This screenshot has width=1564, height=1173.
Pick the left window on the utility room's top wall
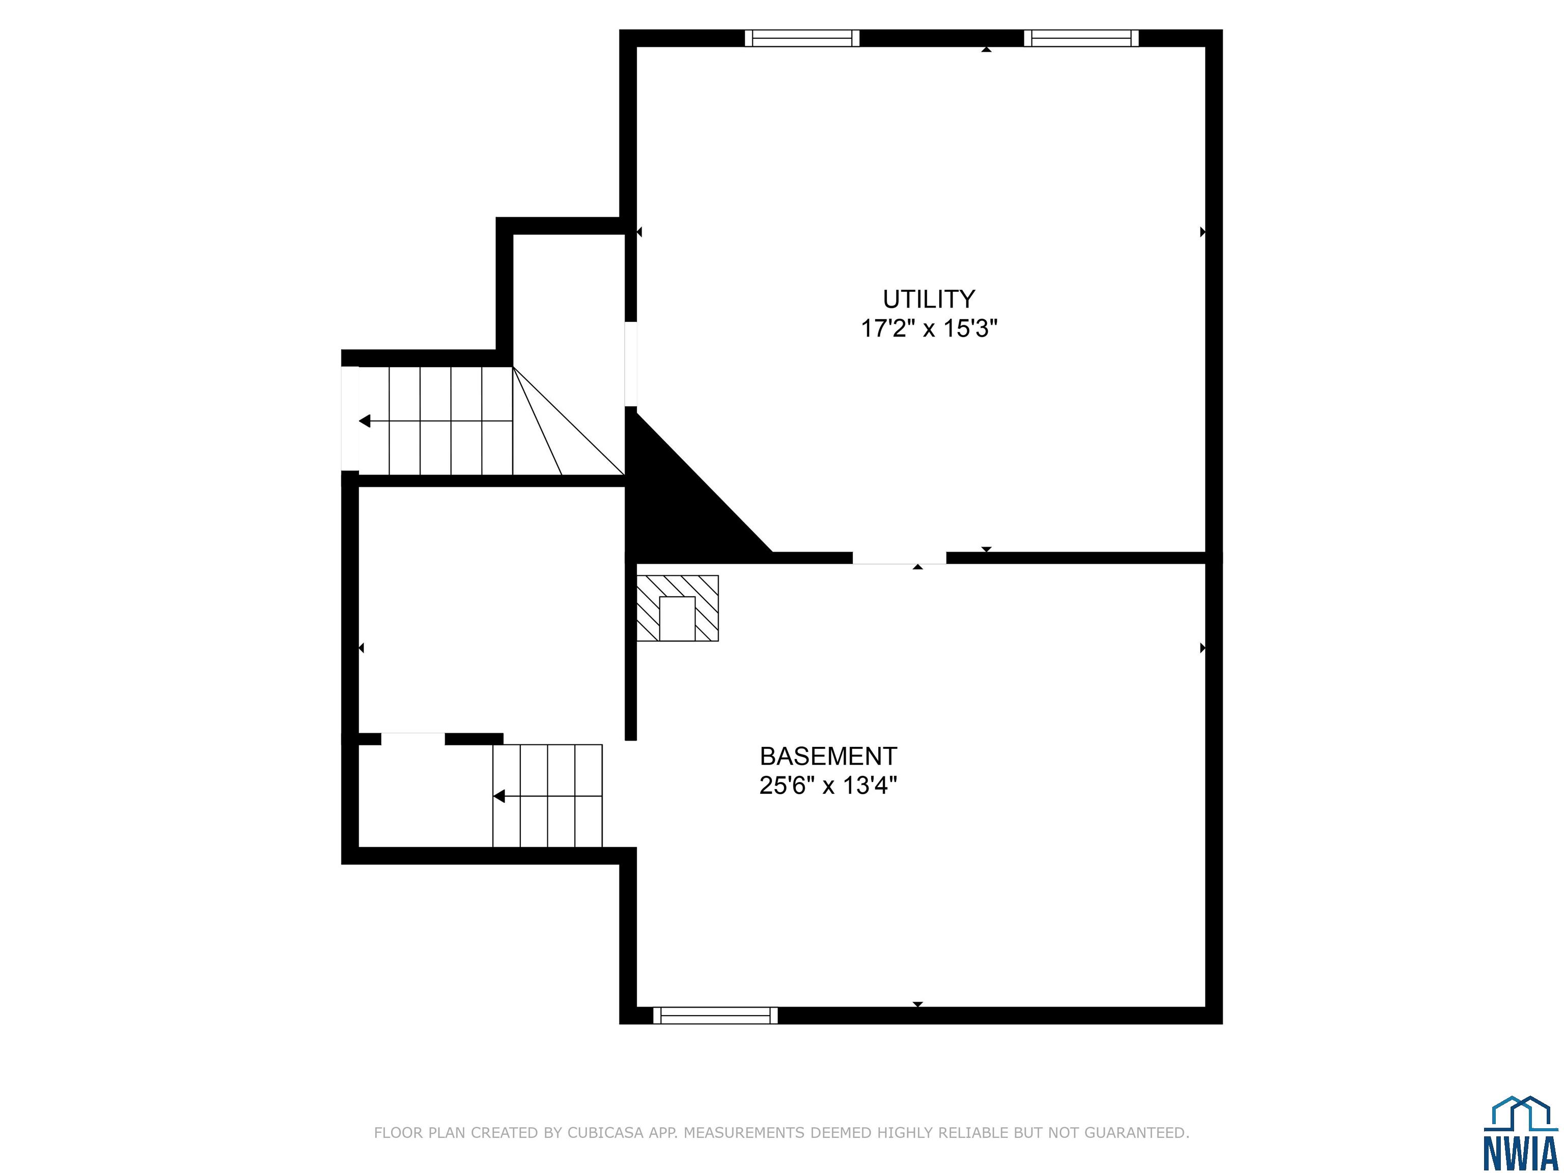point(802,38)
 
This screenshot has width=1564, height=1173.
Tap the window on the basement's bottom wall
point(715,1015)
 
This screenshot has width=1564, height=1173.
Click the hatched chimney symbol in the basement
point(677,608)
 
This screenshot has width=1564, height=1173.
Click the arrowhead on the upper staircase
point(365,422)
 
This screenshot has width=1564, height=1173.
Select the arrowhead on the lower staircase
point(498,796)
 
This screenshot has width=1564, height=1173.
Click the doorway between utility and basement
point(900,558)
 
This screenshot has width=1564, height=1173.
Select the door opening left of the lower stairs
point(413,739)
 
